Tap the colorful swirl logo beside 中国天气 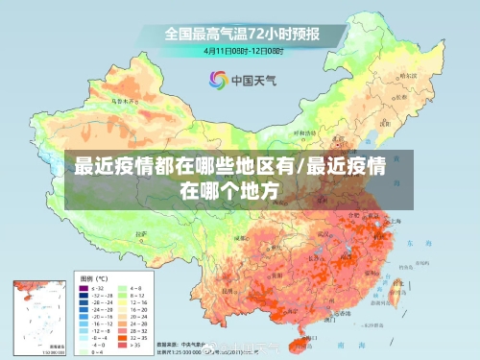(x=218, y=81)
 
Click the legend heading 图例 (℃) (x=94, y=276)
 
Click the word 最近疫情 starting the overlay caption (x=103, y=166)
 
